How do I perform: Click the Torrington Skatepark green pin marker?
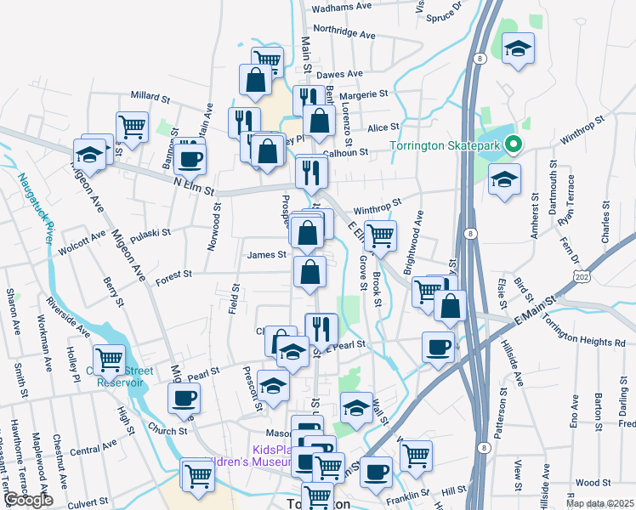513,146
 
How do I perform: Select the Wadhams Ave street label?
342,7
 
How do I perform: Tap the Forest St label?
173,274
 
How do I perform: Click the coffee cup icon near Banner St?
190,157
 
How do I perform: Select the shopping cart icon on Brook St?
380,235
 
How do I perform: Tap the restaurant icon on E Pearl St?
321,327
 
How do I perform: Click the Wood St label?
587,482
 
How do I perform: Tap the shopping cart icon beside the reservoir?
109,358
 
